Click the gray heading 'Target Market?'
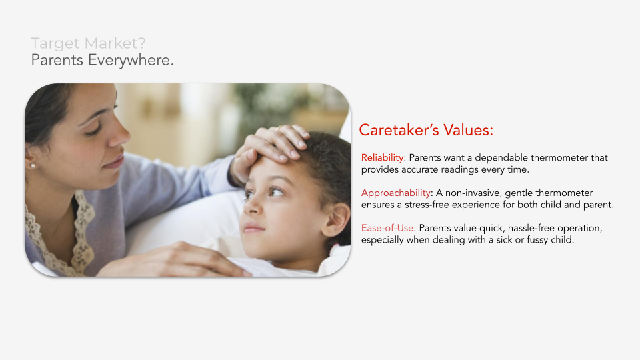coord(88,43)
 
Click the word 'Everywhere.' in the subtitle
coord(131,60)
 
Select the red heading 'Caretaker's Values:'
coord(426,130)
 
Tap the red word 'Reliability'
coord(383,157)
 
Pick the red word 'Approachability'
coord(396,193)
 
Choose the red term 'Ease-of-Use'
coord(387,228)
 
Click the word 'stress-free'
coord(427,205)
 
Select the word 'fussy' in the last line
coord(537,240)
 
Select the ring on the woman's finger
coord(279,128)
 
